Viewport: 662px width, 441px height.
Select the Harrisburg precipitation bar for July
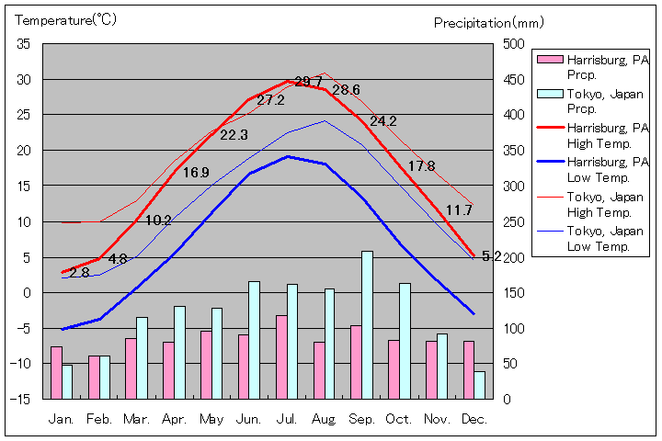pos(281,356)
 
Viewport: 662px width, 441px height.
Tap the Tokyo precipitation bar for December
pos(479,385)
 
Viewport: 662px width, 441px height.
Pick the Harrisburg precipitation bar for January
pos(56,372)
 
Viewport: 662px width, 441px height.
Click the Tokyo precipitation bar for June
pos(255,340)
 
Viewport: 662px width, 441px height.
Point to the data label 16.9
pos(196,173)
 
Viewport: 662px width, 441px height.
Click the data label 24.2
pos(383,121)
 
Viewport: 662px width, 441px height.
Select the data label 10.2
pos(158,220)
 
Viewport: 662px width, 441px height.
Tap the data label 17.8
pos(421,166)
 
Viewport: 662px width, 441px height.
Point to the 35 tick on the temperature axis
pos(24,44)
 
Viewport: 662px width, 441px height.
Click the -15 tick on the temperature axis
pos(21,399)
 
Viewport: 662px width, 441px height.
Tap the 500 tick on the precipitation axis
pos(513,44)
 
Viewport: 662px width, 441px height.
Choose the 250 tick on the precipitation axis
pos(513,221)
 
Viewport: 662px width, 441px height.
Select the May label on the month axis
pos(211,419)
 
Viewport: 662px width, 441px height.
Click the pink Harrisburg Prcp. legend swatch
pos(549,60)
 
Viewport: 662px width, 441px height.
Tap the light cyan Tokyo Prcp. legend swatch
pos(549,94)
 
